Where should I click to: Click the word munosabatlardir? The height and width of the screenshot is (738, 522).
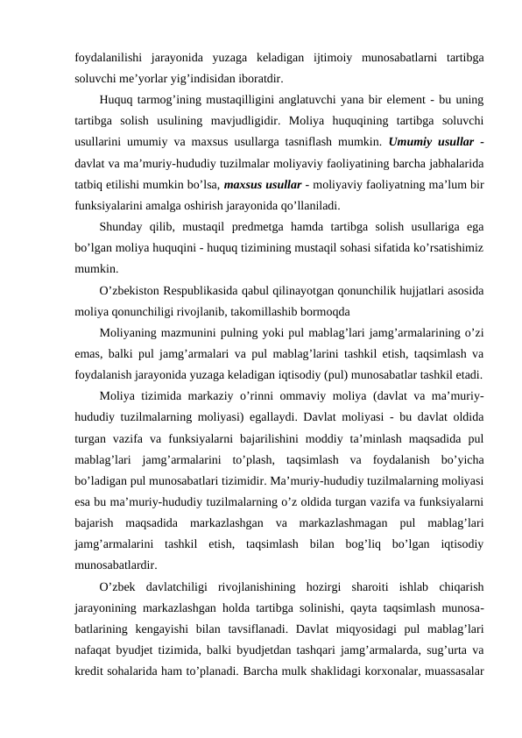[x=116, y=565]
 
